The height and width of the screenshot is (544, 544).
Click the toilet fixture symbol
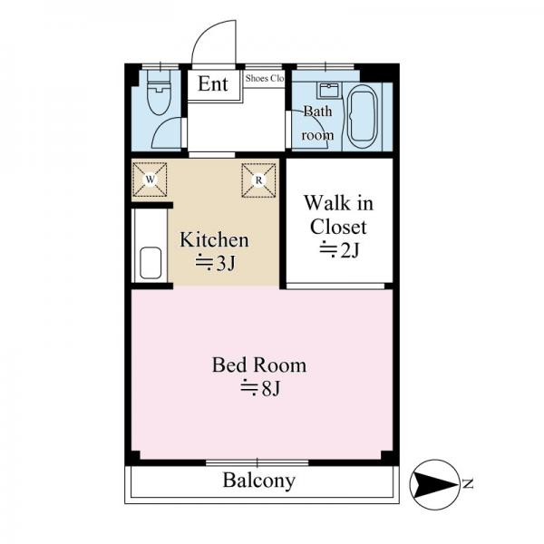(x=159, y=92)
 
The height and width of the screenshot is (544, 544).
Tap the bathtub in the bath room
(x=362, y=117)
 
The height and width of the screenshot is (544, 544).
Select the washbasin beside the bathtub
(x=329, y=91)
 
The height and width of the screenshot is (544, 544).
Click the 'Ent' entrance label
(x=213, y=83)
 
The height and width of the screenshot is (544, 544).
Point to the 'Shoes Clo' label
(x=265, y=78)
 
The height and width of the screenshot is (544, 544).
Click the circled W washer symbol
(x=150, y=180)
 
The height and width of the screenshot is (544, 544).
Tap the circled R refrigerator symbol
(x=258, y=180)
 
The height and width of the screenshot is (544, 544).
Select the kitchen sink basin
(x=151, y=263)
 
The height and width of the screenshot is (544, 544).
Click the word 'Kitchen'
(x=214, y=240)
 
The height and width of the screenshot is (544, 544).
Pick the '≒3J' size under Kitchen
(x=215, y=263)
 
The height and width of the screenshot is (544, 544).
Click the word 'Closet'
(x=338, y=228)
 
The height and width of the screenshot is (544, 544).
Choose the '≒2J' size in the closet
(x=339, y=250)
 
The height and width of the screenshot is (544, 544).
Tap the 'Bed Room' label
(x=259, y=365)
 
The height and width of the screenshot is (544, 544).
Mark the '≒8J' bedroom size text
(x=260, y=388)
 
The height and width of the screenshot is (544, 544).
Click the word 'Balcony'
(x=259, y=481)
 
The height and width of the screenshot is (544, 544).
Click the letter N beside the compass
(x=469, y=483)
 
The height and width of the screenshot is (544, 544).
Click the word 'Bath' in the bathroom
(x=318, y=112)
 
